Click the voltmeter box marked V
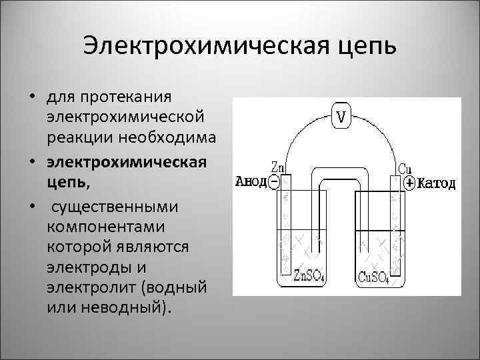click(x=341, y=117)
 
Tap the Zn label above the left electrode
click(x=279, y=167)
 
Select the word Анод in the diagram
click(x=251, y=181)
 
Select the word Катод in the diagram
click(x=437, y=182)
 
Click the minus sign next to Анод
click(x=274, y=181)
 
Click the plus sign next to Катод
click(x=409, y=182)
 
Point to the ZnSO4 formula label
click(x=309, y=275)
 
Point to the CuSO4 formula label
click(x=375, y=275)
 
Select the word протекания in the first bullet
click(x=126, y=97)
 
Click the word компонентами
click(x=96, y=227)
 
